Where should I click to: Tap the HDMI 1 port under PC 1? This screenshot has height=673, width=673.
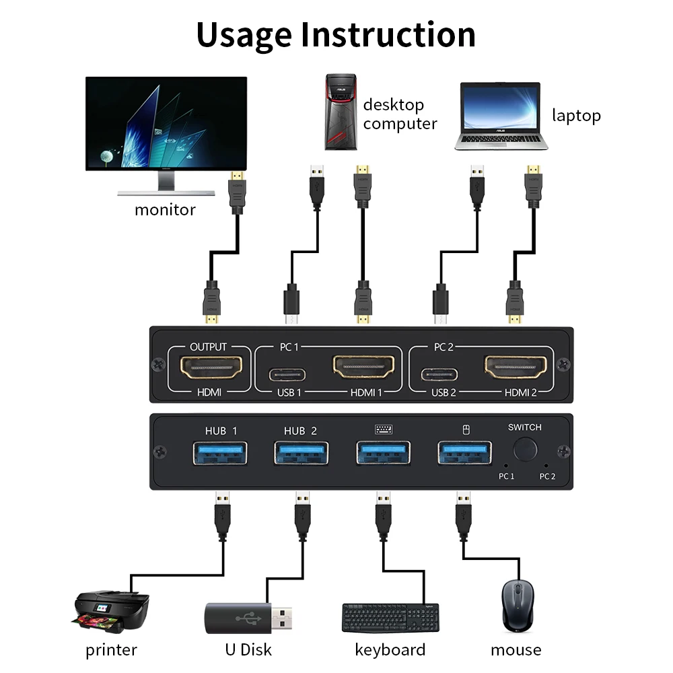(363, 367)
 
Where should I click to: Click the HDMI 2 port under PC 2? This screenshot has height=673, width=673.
(516, 367)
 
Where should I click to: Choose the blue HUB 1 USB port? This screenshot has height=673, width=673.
(221, 452)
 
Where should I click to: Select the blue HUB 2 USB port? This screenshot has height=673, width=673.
(302, 452)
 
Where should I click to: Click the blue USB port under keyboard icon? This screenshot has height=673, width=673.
(383, 452)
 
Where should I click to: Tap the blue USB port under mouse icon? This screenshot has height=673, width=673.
(464, 452)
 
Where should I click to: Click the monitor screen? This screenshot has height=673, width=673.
(166, 124)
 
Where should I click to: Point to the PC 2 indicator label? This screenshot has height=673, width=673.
(547, 476)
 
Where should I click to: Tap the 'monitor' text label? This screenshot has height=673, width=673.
(165, 209)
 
